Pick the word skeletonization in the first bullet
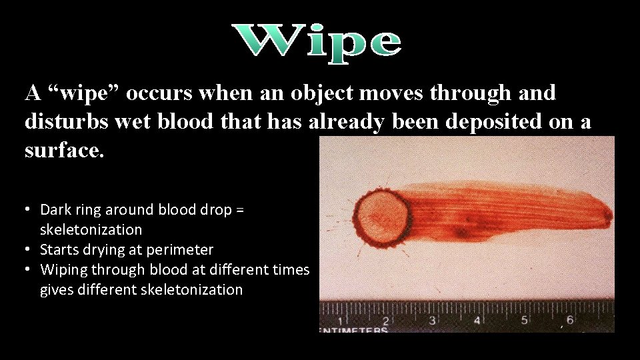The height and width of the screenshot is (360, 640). (91, 229)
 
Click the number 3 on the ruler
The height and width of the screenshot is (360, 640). (432, 321)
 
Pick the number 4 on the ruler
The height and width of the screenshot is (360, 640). (478, 321)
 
